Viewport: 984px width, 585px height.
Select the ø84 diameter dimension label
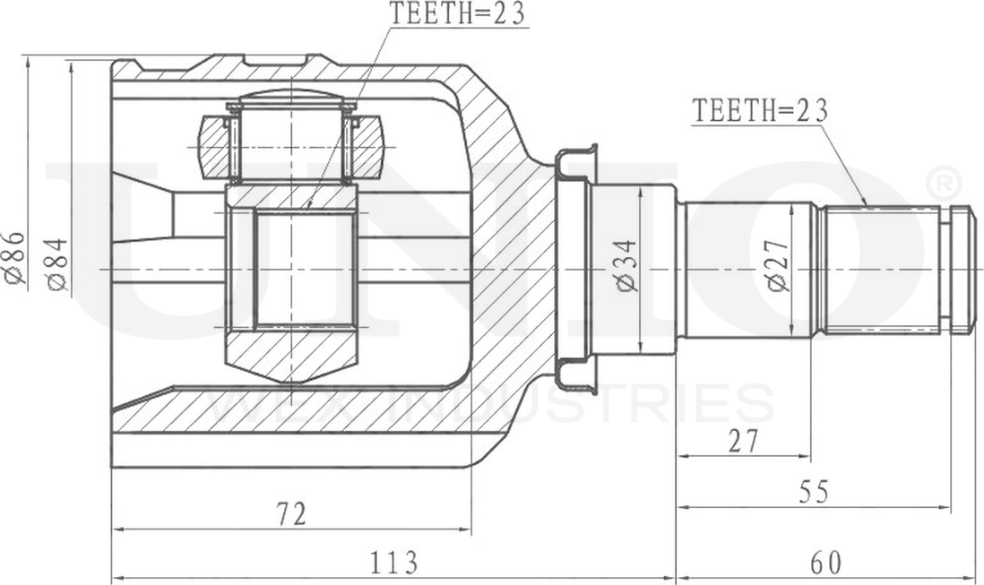point(56,264)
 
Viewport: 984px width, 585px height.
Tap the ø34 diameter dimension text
point(626,266)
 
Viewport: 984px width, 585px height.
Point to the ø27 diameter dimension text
point(777,266)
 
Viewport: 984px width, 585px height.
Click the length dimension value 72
point(290,514)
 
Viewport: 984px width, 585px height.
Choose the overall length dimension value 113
point(393,563)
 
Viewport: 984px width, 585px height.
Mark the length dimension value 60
point(825,563)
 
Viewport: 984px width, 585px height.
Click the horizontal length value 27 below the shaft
point(742,442)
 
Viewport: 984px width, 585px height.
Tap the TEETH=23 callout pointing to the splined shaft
point(760,110)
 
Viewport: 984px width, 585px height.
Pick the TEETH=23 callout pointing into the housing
point(456,13)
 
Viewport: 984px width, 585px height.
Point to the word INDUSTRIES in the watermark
point(583,405)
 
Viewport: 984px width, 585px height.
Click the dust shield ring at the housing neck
point(574,269)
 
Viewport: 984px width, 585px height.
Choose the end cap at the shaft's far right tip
point(962,269)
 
